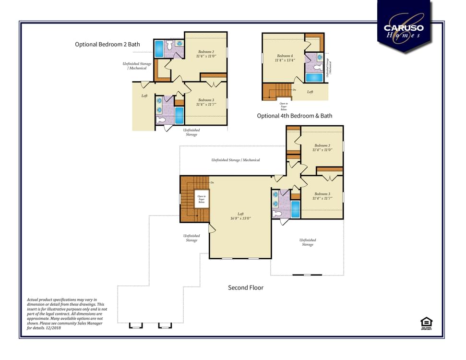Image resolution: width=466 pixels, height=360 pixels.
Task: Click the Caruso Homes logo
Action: [404, 28]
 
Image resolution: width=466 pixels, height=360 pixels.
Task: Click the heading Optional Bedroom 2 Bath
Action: [108, 44]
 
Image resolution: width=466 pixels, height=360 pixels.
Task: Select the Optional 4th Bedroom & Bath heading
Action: [294, 116]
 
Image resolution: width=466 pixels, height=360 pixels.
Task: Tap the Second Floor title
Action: [245, 288]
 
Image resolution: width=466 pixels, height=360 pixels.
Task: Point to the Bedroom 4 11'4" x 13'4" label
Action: [285, 58]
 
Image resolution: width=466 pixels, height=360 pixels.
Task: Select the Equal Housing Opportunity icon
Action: [425, 324]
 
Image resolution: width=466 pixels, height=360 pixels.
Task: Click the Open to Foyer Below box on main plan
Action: [202, 199]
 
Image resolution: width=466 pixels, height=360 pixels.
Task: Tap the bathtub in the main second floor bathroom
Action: [295, 209]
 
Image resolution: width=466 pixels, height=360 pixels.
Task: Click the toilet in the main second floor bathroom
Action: [277, 214]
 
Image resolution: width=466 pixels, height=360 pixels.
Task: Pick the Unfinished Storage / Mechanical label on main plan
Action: [235, 160]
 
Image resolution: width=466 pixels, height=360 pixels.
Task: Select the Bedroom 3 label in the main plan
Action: [322, 196]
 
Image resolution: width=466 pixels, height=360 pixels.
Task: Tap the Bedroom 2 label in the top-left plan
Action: [206, 54]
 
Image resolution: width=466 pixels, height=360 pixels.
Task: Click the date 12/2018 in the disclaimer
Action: [55, 328]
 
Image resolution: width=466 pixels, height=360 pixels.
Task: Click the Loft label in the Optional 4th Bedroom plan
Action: [310, 92]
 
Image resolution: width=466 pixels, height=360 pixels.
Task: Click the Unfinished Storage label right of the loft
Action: [308, 242]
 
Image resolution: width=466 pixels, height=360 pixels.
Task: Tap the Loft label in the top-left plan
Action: [144, 96]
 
